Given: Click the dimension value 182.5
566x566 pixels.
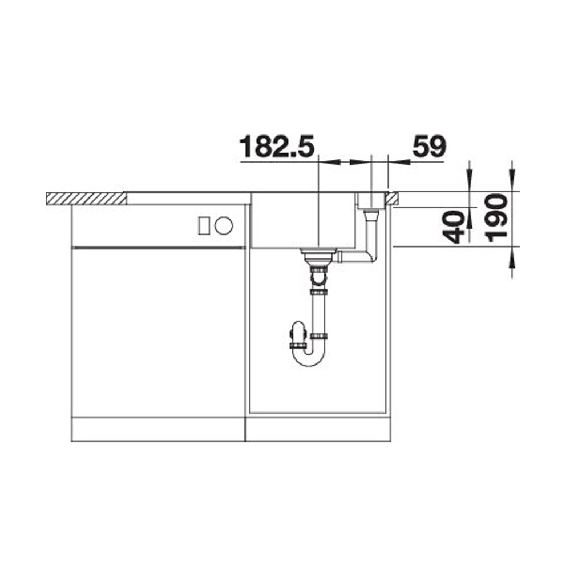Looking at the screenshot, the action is pyautogui.click(x=277, y=147).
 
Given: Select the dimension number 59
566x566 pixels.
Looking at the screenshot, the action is pyautogui.click(x=429, y=147).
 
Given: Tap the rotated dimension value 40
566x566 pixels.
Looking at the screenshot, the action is pyautogui.click(x=454, y=227).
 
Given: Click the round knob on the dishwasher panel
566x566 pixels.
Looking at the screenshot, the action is pyautogui.click(x=224, y=226).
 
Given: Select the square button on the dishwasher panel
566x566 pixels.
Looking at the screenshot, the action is pyautogui.click(x=204, y=226).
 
